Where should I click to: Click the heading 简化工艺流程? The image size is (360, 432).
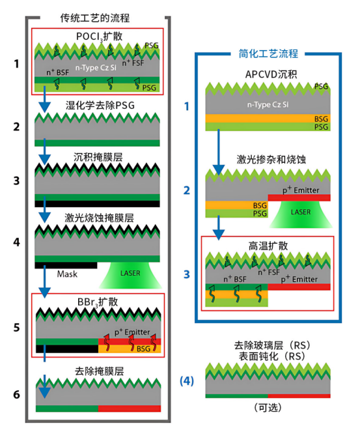[268, 52]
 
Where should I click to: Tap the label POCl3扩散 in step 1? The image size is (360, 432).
[98, 35]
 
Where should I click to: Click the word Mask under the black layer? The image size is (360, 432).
[67, 274]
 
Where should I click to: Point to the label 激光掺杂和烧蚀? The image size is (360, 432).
[268, 160]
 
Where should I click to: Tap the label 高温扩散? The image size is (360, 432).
[268, 246]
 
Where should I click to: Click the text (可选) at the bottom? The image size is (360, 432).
[268, 407]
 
